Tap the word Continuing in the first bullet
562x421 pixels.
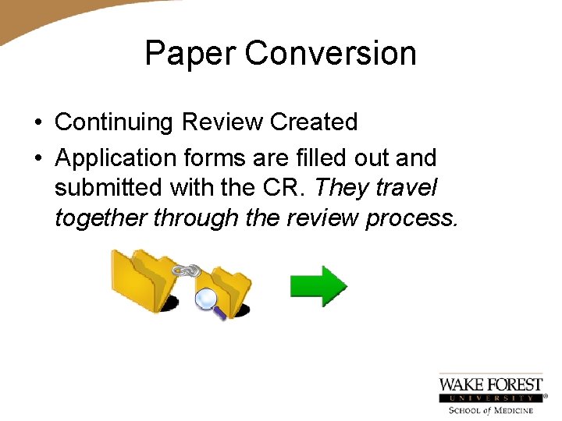click(x=114, y=123)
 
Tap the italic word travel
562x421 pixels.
click(x=407, y=188)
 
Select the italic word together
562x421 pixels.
click(x=101, y=218)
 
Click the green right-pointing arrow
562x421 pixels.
click(x=318, y=286)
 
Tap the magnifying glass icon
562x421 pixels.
click(x=209, y=301)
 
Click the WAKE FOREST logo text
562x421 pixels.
click(x=490, y=384)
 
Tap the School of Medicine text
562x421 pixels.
click(x=490, y=410)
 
